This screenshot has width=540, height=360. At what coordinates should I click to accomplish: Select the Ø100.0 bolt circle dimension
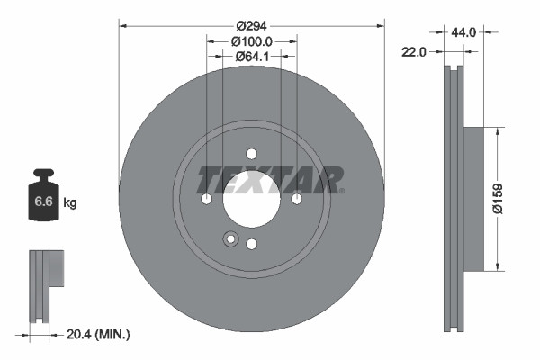(251, 41)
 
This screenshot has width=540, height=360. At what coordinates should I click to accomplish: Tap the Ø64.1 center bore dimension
(251, 57)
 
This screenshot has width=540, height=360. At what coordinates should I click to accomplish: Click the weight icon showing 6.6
(44, 201)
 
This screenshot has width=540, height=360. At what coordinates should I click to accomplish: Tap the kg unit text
(70, 203)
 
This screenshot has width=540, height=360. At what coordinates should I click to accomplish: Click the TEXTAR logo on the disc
(269, 179)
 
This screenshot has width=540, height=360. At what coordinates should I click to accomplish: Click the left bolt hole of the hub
(206, 199)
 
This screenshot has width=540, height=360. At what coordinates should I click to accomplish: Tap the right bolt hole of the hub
(297, 199)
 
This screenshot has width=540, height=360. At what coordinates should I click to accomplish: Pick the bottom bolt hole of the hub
(252, 244)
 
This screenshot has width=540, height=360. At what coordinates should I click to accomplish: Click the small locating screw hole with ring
(229, 239)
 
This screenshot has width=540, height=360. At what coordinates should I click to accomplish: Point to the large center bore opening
(252, 202)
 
